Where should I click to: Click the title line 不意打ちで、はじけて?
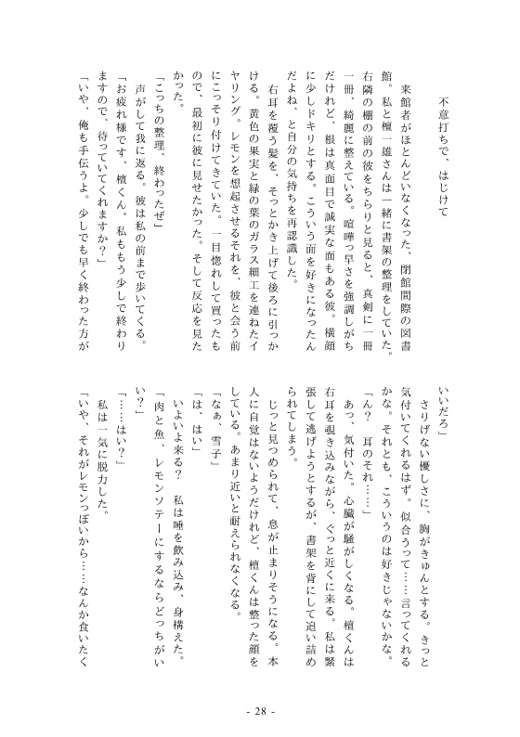pyautogui.click(x=444, y=166)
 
